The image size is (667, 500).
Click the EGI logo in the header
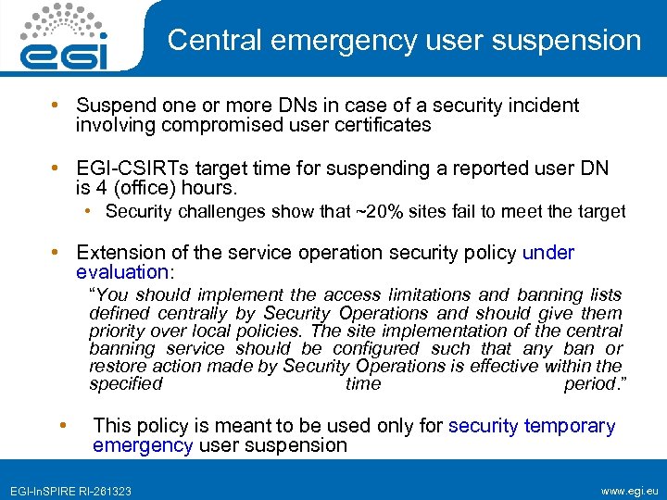[64, 38]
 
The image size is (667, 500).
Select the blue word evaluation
[120, 272]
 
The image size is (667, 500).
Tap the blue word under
[548, 253]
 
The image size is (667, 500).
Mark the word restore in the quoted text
[118, 366]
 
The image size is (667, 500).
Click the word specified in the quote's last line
[126, 383]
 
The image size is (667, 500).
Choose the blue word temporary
[569, 426]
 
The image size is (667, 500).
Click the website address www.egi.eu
[629, 488]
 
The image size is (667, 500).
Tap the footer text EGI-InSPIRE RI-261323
[70, 489]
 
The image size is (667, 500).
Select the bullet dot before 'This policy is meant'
[63, 426]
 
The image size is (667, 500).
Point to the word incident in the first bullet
[546, 106]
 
